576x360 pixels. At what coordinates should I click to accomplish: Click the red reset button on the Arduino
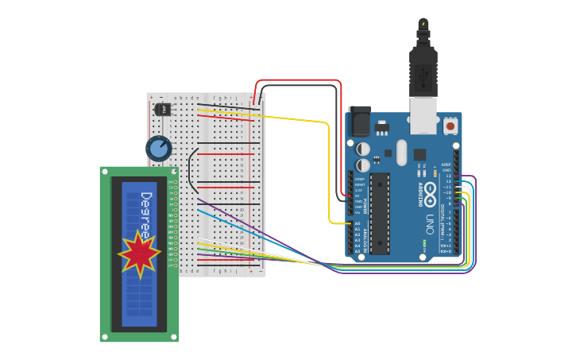450,126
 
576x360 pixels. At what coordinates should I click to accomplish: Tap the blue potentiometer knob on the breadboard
159,148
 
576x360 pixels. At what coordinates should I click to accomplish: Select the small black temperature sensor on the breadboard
162,109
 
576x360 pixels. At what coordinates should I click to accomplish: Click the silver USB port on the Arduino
423,114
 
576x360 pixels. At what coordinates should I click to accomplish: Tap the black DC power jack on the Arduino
359,122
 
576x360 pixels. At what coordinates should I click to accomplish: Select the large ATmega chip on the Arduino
380,213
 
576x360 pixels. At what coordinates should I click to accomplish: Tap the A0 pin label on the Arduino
357,224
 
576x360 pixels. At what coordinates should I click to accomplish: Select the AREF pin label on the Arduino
446,165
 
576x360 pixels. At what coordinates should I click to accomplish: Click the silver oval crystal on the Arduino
401,153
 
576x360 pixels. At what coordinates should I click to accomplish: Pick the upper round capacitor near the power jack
363,149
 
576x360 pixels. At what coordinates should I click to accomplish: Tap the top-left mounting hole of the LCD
105,172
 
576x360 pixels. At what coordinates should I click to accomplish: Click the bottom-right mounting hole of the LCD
173,337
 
